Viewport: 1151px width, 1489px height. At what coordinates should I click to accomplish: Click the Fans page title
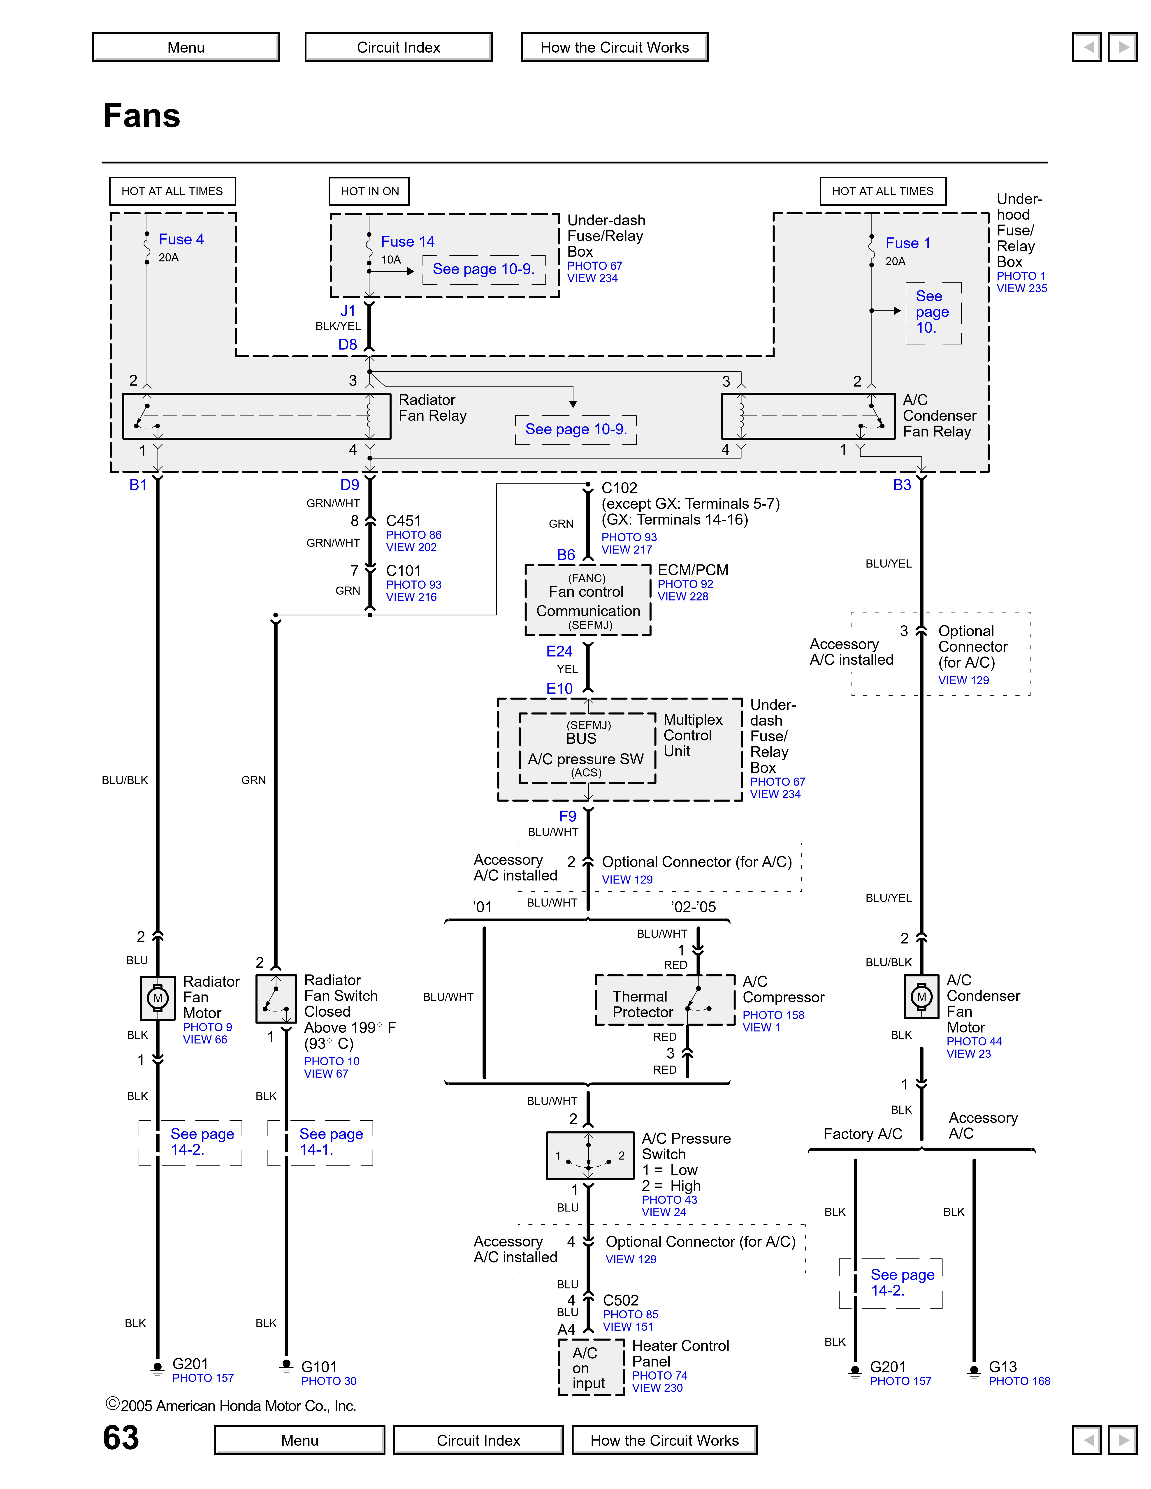coord(142,115)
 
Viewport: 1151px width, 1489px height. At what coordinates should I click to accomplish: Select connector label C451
coord(404,521)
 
